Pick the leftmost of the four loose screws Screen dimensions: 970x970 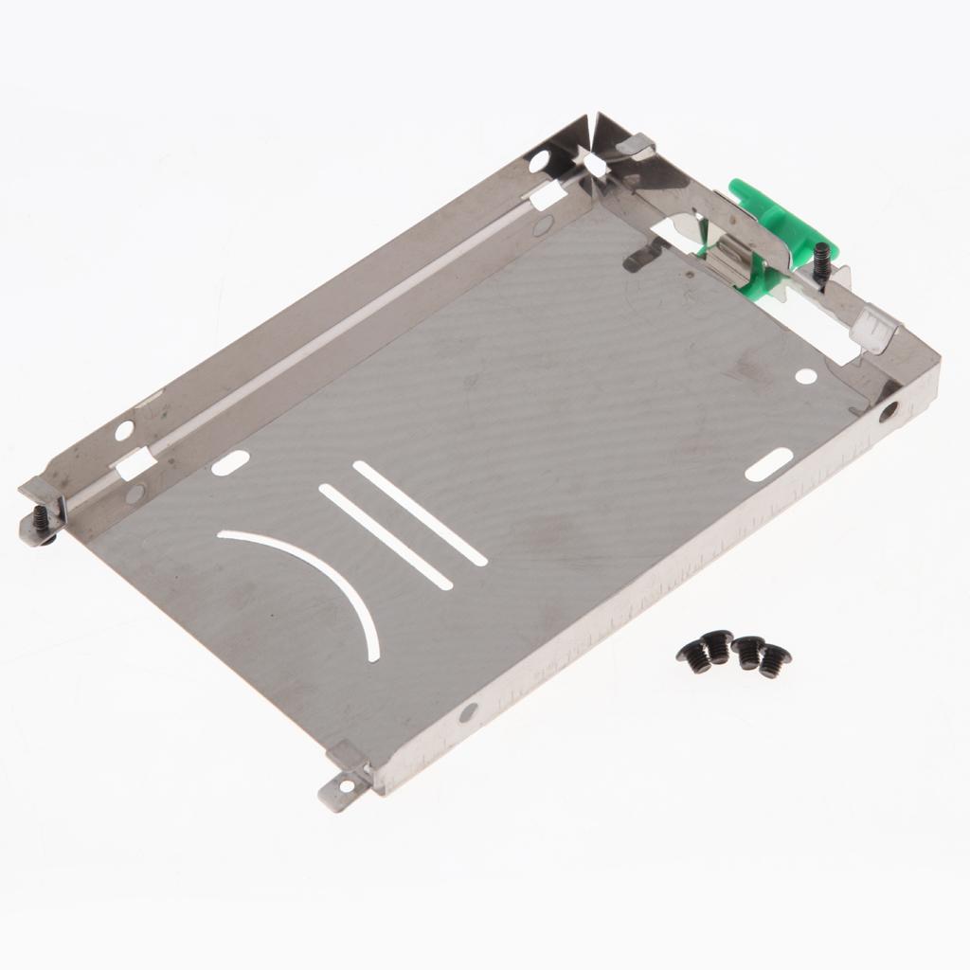point(696,656)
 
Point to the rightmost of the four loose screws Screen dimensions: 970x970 point(774,660)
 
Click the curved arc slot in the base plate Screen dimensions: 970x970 point(313,578)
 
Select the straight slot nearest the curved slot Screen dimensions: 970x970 point(385,536)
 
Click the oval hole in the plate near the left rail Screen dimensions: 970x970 point(230,462)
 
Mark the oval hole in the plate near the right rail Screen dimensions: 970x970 point(768,464)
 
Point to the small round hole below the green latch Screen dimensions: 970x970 point(805,376)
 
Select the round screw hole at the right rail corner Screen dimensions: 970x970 point(889,411)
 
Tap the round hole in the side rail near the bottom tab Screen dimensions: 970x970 point(468,711)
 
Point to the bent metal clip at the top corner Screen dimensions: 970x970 point(636,145)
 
